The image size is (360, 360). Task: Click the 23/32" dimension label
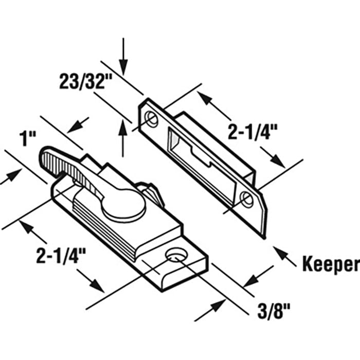(x=85, y=81)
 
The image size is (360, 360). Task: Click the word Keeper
(x=331, y=264)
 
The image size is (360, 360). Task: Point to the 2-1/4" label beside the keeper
(x=253, y=132)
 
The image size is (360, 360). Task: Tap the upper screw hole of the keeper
(x=152, y=118)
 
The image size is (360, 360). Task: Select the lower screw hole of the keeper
(x=246, y=199)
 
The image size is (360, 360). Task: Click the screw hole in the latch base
(x=176, y=255)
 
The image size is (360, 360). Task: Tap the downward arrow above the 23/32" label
(x=123, y=56)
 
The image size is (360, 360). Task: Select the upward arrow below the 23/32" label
(x=123, y=138)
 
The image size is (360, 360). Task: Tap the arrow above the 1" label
(x=78, y=125)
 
